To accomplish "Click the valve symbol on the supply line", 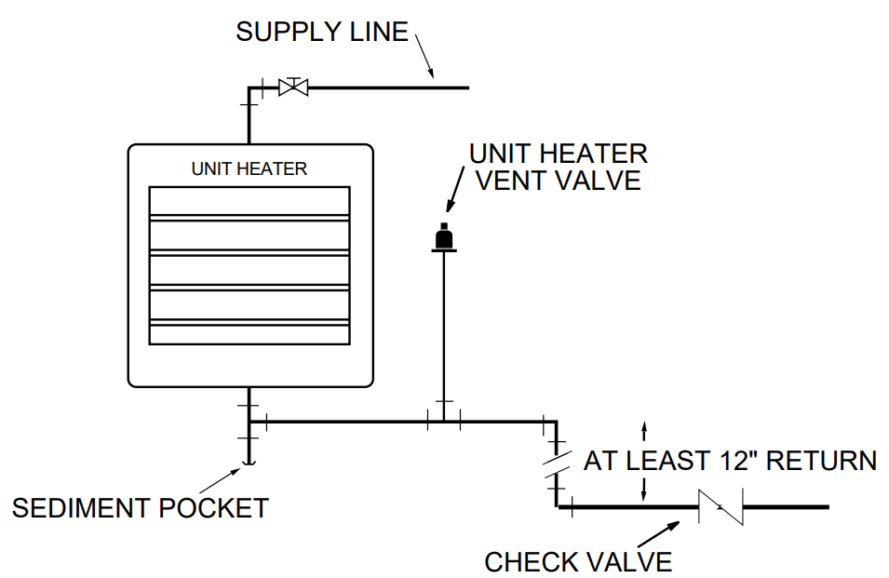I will pos(293,87).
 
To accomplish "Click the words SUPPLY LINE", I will pos(322,32).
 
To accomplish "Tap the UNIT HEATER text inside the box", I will pos(249,169).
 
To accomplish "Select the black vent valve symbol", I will pos(445,239).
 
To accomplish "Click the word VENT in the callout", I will pos(514,180).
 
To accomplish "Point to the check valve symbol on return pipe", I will pos(722,507).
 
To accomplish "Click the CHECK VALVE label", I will pos(578,562).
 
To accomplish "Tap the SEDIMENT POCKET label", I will pos(140,508).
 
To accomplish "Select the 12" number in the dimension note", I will pos(741,461).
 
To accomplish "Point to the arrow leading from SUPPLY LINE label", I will pos(424,56).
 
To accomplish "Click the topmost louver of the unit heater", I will pos(249,201).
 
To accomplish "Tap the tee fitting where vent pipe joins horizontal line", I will pos(444,421).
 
